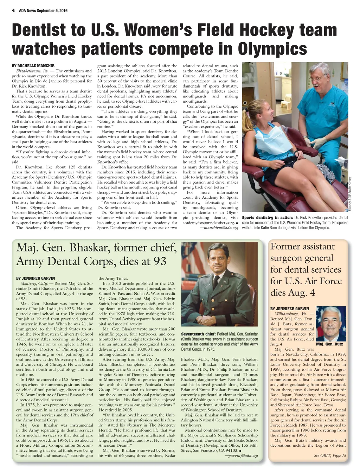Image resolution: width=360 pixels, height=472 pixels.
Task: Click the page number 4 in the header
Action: [13, 11]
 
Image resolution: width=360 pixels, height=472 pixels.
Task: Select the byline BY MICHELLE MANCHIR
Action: [33, 66]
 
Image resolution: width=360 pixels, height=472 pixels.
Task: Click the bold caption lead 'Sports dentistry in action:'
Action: [268, 218]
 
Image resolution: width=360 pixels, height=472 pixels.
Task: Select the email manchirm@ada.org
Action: [219, 228]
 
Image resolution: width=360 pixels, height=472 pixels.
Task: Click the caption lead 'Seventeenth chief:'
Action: [198, 334]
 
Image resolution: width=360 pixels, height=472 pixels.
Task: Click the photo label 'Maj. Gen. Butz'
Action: [329, 344]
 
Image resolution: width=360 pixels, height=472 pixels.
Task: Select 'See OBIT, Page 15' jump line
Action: [330, 455]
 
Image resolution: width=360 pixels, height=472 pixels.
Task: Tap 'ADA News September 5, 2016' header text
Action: [43, 11]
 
